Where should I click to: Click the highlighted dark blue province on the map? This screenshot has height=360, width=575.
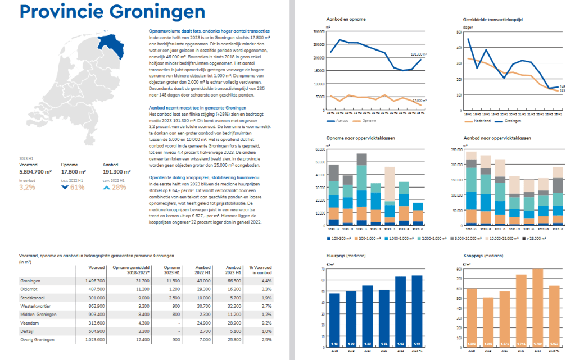point(114,43)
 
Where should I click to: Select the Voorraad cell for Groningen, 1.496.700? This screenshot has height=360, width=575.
point(94,280)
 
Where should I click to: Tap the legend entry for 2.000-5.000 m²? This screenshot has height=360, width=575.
point(435,238)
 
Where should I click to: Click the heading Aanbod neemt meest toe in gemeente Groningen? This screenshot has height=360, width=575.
point(191,107)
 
